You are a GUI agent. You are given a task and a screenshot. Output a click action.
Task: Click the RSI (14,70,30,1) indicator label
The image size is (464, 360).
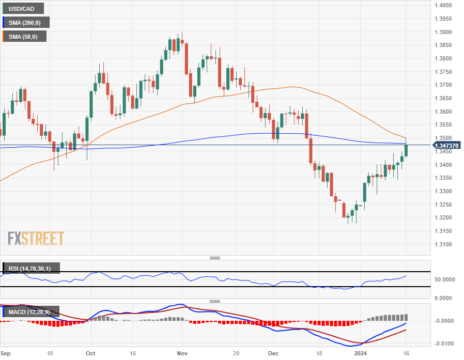coord(32,268)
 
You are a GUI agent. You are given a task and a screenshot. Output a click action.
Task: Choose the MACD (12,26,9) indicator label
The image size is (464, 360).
coord(32,312)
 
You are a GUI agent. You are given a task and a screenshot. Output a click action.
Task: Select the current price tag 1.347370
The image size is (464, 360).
coord(445,146)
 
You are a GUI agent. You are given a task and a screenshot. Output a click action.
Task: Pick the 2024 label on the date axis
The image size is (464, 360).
coord(360,354)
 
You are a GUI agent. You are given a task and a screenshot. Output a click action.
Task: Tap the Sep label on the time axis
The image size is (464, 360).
coord(6,354)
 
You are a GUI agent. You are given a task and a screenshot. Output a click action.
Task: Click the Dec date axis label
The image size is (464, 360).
coord(273,354)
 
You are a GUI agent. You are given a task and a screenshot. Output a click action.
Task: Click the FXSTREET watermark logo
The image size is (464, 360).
coord(36,238)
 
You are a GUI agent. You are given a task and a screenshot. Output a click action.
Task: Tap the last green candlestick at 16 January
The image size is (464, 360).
coord(406,150)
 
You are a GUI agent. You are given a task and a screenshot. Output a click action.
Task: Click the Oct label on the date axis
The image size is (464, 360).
coord(90,354)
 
